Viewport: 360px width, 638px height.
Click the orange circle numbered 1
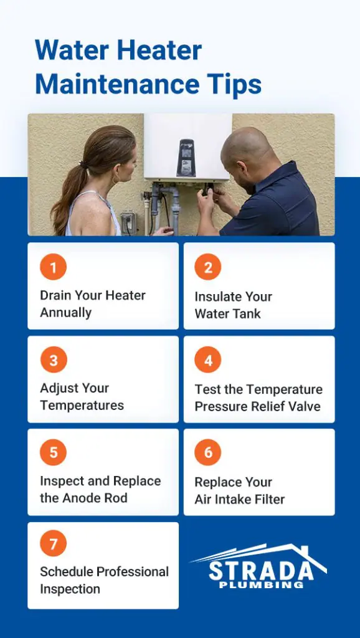54,268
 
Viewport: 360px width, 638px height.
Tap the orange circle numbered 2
208,268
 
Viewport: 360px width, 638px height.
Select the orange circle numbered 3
54,361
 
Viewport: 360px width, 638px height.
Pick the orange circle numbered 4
208,361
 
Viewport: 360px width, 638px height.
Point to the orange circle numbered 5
54,453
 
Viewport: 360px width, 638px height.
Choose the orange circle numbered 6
208,453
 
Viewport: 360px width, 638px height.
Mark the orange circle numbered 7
54,545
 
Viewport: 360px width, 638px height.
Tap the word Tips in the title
238,85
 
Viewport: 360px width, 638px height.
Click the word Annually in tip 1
65,313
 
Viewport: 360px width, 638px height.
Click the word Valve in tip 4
303,406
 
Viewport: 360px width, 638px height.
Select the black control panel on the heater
186,157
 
